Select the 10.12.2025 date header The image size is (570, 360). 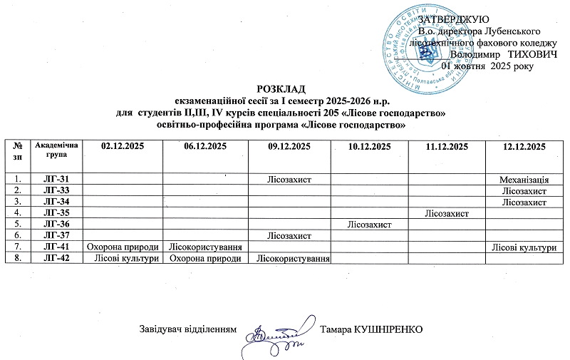coord(370,147)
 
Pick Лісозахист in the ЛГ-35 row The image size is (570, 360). coord(446,212)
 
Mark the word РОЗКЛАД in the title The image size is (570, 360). coord(284,88)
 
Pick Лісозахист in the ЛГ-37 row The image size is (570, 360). coord(288,235)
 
